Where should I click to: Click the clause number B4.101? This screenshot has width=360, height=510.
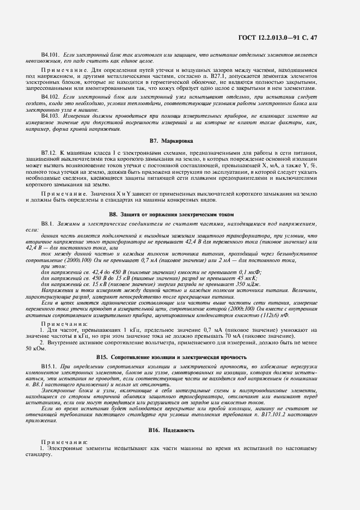click(51, 56)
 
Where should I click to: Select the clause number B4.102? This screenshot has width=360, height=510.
click(51, 96)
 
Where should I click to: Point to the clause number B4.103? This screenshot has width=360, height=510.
click(51, 116)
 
